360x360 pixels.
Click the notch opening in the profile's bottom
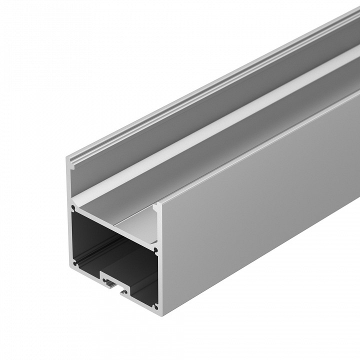click(115, 283)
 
